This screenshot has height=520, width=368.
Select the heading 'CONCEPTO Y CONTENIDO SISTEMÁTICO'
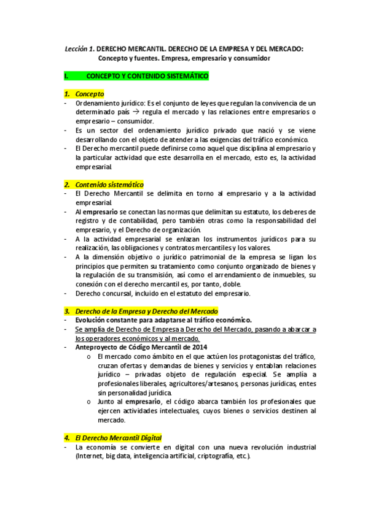click(147, 76)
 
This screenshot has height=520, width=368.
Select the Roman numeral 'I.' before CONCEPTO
click(66, 76)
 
